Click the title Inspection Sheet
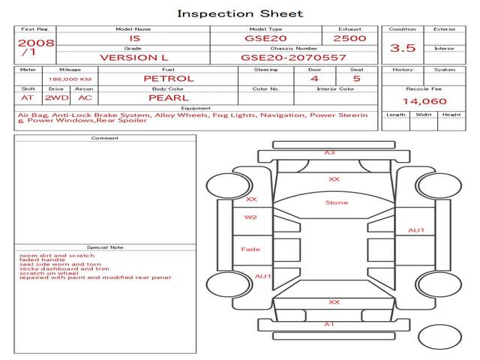240,13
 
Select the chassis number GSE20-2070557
293,57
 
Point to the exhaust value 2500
350,37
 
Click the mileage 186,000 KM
70,79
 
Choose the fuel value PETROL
168,78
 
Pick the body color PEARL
168,97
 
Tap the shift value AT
27,97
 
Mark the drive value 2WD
55,97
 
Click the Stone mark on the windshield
337,202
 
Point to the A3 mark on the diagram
329,152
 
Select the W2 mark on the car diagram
250,217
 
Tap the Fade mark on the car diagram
250,249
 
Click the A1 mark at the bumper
329,324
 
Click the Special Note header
105,247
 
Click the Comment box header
105,138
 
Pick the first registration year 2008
35,43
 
